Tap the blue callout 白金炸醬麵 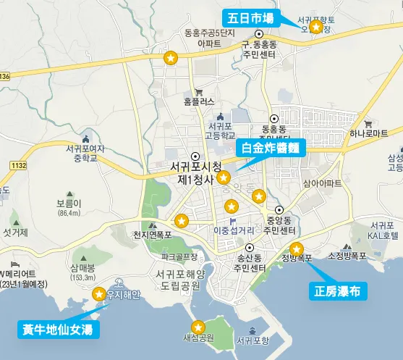click(x=271, y=147)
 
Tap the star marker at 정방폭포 click(x=297, y=248)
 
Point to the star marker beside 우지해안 click(x=99, y=293)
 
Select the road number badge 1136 click(x=5, y=76)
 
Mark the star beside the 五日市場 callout click(x=315, y=28)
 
